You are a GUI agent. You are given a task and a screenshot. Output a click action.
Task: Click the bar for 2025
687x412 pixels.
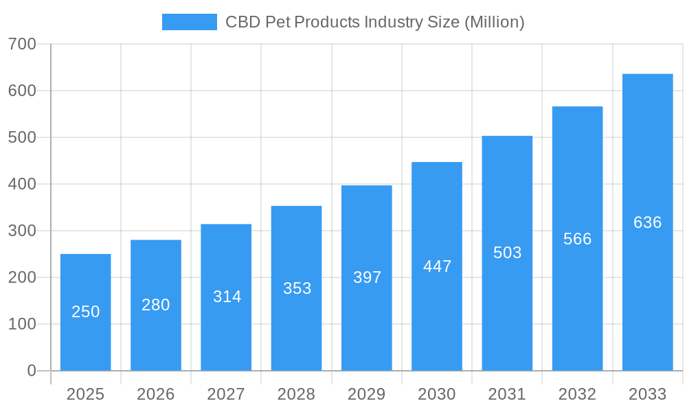85,312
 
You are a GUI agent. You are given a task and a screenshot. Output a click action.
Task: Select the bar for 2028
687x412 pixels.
296,288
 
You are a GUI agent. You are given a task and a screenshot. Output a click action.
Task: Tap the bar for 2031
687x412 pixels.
507,253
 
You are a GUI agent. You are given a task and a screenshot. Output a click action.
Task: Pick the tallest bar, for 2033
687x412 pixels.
647,222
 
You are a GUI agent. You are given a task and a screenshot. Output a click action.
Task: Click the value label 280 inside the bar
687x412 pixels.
156,305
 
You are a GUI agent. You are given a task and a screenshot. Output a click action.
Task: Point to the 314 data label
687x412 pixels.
227,297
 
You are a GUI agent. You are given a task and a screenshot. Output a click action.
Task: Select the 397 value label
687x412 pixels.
367,277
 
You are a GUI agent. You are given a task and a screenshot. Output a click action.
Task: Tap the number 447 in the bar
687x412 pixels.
437,266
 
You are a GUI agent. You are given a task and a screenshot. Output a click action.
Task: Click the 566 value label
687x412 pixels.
577,239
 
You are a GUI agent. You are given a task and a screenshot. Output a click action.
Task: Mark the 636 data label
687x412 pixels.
647,222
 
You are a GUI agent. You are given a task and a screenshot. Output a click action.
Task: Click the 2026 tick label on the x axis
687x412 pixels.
156,394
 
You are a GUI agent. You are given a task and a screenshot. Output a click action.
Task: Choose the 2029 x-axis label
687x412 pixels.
367,394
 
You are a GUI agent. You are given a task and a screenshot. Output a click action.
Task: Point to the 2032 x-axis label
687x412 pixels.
577,394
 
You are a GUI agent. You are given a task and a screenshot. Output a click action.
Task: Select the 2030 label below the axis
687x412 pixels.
437,394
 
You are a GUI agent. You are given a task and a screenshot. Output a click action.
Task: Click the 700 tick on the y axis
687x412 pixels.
22,44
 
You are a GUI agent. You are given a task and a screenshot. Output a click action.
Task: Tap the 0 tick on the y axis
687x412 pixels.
32,371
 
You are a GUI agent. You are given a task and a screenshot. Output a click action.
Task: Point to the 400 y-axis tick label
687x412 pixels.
22,184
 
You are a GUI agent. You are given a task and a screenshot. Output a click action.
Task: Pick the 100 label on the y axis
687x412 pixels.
22,324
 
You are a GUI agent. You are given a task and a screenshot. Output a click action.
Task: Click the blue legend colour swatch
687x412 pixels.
189,22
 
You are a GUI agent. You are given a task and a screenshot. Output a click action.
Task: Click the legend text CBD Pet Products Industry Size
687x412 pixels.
374,22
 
